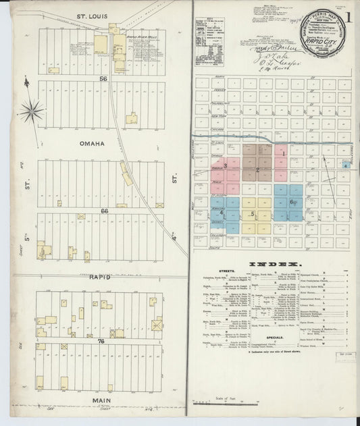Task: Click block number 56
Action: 103,79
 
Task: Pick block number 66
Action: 103,211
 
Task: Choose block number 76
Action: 103,342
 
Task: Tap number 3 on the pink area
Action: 224,165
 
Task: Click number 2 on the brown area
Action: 257,169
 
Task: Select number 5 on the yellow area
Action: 253,215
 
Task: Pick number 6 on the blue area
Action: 292,202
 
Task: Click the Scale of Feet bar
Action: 226,404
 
